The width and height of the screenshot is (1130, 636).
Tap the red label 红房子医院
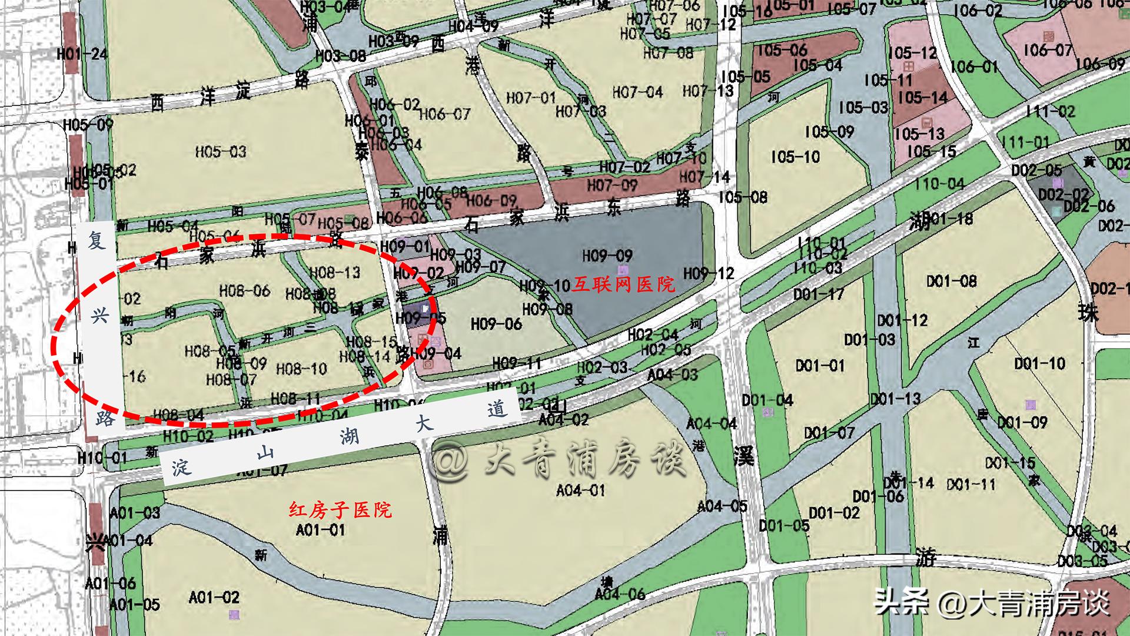pos(340,509)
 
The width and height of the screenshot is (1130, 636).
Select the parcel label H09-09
pos(607,256)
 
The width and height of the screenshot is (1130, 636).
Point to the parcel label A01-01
pos(320,530)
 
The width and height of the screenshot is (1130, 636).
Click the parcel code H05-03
pos(221,152)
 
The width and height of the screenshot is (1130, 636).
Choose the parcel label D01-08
pos(951,281)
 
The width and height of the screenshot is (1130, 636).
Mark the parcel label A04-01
pos(580,490)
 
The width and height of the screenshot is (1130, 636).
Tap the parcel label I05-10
pos(795,157)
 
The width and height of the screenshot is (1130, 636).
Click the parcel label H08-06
pos(244,290)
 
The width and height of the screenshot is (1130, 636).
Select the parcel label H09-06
pos(496,324)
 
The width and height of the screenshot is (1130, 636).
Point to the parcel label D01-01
pos(820,366)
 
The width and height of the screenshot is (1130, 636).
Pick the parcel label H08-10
pos(301,369)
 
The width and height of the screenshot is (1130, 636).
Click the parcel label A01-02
pos(214,597)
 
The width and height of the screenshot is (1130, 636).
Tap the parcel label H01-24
pos(82,54)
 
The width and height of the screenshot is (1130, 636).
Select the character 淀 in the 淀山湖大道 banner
pos(181,468)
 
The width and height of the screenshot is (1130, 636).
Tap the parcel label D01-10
pos(1039,363)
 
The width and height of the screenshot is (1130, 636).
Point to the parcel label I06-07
pos(1048,50)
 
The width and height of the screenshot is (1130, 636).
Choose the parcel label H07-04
pos(637,92)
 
